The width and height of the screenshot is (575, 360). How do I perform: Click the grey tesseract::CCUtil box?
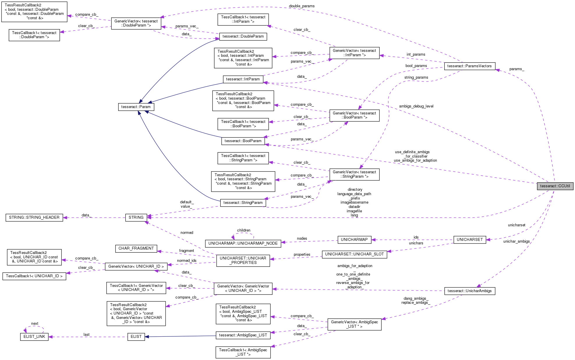coord(555,186)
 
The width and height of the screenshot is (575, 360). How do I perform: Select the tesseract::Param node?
coord(136,107)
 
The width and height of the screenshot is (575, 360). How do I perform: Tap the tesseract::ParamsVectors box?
coord(469,66)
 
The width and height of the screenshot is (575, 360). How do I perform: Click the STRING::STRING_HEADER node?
coord(34,218)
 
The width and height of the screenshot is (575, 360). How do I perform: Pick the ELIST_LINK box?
coord(34,337)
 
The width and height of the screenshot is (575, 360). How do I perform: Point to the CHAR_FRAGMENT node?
coord(136,248)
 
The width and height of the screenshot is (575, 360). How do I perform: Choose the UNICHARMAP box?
coord(354,240)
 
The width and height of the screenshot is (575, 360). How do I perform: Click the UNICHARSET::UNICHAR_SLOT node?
coord(354,254)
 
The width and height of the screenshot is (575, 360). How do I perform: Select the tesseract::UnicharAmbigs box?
coord(469,291)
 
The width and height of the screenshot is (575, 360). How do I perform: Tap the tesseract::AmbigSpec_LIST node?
coord(243,335)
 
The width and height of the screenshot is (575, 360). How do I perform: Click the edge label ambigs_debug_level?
coord(416,106)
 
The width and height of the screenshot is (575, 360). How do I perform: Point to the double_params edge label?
coord(302,6)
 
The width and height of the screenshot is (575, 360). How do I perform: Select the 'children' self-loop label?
coord(244,230)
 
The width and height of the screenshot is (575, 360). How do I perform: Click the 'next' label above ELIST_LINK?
coord(35,324)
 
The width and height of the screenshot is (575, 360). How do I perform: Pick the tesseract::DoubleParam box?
coord(243,36)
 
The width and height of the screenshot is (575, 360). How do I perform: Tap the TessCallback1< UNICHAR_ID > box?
coord(34,276)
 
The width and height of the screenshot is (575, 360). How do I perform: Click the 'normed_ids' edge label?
coord(187,261)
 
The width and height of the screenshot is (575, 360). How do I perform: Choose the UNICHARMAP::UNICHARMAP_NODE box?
coord(243,243)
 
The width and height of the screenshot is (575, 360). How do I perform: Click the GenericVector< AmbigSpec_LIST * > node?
coord(354,324)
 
